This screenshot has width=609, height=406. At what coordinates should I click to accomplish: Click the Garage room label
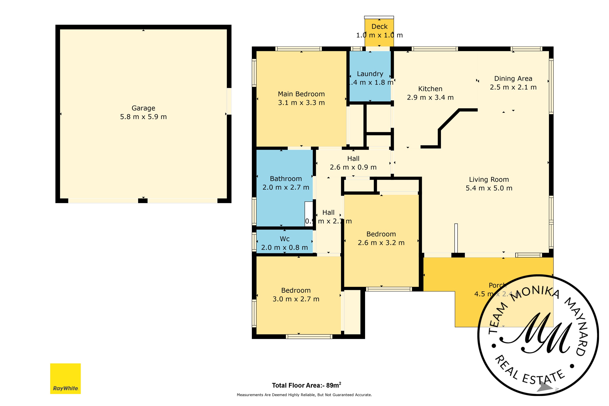coord(143,108)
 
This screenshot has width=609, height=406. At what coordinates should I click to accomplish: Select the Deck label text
coord(379,26)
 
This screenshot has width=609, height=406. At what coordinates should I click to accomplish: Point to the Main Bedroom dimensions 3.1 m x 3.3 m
coord(301,103)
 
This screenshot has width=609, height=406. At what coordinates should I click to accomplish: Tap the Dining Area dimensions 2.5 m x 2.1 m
coord(513,87)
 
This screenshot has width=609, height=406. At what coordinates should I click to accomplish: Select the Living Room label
coord(489,179)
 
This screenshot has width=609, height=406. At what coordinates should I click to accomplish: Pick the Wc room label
coord(284,239)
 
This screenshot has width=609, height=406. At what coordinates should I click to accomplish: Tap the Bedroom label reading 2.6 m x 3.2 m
coord(381,243)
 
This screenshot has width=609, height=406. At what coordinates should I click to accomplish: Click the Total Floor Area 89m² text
coord(306,385)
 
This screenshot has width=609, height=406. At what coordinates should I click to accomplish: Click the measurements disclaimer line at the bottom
coord(304,395)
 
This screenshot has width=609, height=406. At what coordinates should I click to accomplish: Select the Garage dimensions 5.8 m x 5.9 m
coord(143,117)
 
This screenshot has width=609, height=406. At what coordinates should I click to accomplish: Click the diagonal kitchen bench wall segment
coord(449,119)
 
